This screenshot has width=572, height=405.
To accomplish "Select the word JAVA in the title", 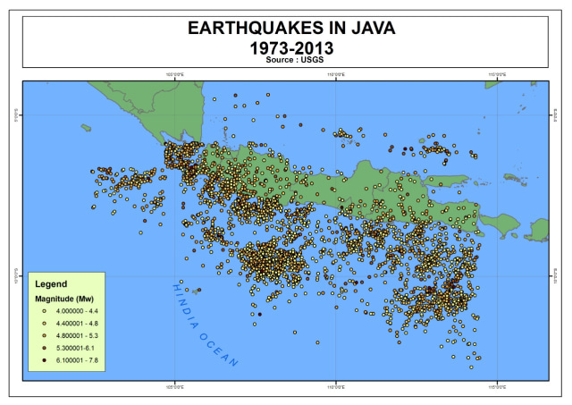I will point(369,29).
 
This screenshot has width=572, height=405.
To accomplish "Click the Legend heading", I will point(51,283).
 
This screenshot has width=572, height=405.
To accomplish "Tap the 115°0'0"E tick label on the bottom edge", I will point(497,388).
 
